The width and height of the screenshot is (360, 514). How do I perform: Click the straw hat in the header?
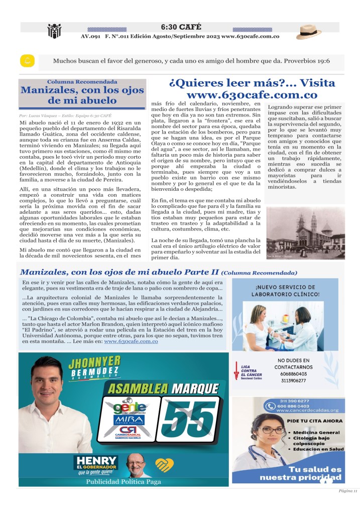coord(309,32)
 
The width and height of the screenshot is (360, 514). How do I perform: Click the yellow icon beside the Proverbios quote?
coord(26,61)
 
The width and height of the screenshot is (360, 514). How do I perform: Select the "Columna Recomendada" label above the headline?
coord(83,81)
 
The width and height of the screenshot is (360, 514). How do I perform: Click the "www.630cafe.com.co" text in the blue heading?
coord(252,94)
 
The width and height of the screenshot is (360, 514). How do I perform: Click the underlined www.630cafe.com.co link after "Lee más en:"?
coord(131,341)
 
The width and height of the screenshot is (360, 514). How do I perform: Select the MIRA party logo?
coord(129,419)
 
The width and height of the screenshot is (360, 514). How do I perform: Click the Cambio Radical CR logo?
coord(129,433)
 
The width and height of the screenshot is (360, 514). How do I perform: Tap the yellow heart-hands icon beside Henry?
coord(164,464)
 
